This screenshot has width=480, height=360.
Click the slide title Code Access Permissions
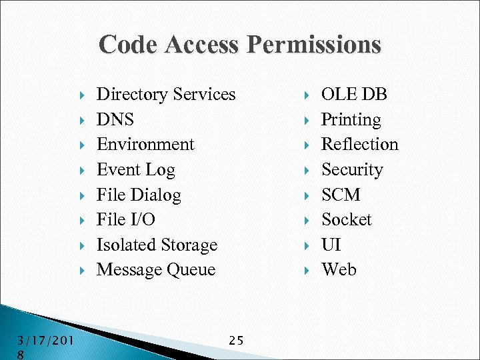click(x=240, y=45)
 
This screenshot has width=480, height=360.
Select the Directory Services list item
click(x=166, y=95)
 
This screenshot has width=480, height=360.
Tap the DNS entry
click(x=115, y=120)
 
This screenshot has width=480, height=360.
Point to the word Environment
click(x=145, y=145)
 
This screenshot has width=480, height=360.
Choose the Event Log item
click(x=135, y=170)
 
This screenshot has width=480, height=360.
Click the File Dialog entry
click(x=139, y=195)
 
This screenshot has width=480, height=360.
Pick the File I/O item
click(x=125, y=220)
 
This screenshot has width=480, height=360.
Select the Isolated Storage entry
click(x=157, y=245)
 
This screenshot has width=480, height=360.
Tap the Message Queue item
click(x=156, y=270)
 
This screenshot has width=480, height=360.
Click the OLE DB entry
click(x=354, y=95)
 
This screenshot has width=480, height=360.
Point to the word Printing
click(x=351, y=120)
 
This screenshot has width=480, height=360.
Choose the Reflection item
click(x=359, y=145)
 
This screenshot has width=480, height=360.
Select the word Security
click(x=352, y=170)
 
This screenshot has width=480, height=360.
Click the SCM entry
click(x=341, y=195)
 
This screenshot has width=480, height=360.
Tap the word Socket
click(x=346, y=220)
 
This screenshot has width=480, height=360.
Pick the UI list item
click(x=331, y=245)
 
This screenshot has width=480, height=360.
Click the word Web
click(x=339, y=270)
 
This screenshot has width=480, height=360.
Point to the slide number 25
click(x=236, y=341)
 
